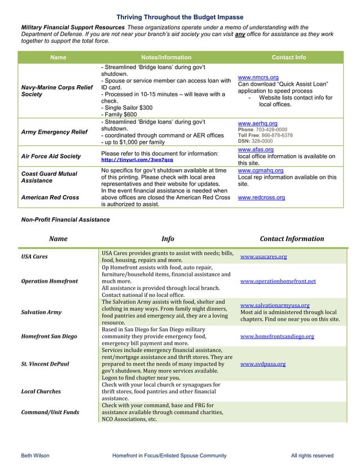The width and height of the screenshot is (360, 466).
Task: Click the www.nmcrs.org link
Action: pyautogui.click(x=258, y=77)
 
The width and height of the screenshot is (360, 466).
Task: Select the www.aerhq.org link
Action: pyautogui.click(x=257, y=122)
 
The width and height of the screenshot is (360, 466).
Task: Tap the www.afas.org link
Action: pyautogui.click(x=256, y=150)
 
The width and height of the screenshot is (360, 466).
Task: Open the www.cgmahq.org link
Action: pyautogui.click(x=261, y=170)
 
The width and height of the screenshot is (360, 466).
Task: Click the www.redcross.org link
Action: pyautogui.click(x=261, y=197)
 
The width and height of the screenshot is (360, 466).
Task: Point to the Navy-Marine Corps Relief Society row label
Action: pyautogui.click(x=56, y=91)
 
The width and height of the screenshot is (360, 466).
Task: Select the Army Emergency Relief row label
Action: pyautogui.click(x=54, y=132)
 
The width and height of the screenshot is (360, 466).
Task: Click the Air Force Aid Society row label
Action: pyautogui.click(x=51, y=156)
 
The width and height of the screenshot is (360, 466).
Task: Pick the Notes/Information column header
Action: pyautogui.click(x=166, y=58)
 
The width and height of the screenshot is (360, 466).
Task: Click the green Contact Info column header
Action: pyautogui.click(x=289, y=58)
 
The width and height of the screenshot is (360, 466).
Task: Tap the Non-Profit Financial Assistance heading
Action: pyautogui.click(x=65, y=219)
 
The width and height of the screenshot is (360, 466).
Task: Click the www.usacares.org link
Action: pyautogui.click(x=264, y=257)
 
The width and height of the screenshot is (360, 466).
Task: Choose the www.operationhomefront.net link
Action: pyautogui.click(x=278, y=281)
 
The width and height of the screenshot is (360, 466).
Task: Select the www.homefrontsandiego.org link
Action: pyautogui.click(x=277, y=336)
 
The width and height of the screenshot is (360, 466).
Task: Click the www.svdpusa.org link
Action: pyautogui.click(x=262, y=364)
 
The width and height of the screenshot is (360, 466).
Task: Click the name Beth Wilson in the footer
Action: pyautogui.click(x=35, y=455)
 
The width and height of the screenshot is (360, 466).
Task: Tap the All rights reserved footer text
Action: pyautogui.click(x=312, y=455)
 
